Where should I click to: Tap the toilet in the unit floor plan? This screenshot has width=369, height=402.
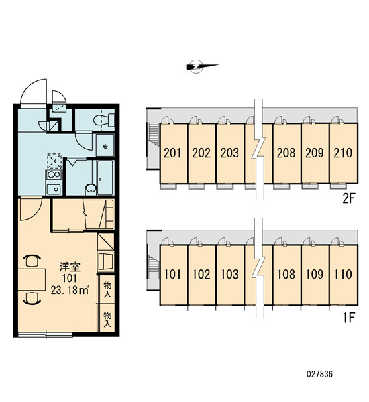pos(104,119)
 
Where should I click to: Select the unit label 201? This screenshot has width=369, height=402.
pos(172,153)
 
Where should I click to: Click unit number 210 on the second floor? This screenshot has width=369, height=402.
pos(343,153)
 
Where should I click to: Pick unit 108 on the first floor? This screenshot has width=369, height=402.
pos(286,274)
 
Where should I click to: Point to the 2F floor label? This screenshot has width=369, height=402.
pos(348,198)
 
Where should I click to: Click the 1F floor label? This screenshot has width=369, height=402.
pos(348,318)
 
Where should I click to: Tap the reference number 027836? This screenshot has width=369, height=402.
pos(319,374)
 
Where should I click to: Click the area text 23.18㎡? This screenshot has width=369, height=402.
pos(70,290)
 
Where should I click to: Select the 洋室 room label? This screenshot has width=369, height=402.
pos(70,267)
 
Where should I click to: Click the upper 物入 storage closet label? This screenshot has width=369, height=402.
pos(107,289)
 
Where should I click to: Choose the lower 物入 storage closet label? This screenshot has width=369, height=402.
pos(107,319)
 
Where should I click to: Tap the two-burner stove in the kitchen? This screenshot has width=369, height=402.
pos(54,174)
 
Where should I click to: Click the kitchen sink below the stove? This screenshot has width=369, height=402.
pos(54,189)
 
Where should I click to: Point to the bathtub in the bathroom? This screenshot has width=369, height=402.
pos(105,178)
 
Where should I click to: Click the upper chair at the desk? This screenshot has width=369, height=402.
pos(32,260)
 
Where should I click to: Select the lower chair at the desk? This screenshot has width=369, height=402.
pos(32,298)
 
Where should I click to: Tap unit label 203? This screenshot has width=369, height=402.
pos(229,153)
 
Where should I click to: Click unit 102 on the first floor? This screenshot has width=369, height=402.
pos(201,274)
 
